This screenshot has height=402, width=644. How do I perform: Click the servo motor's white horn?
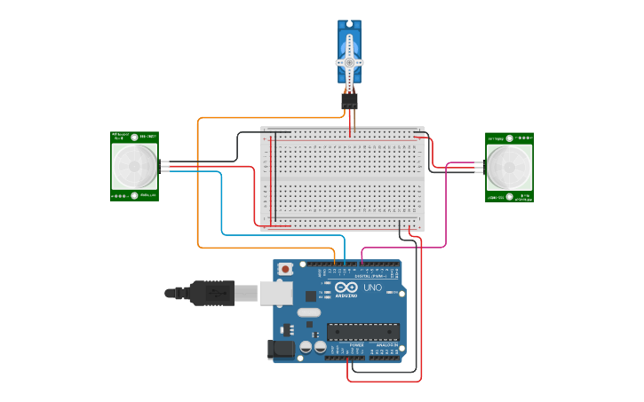coord(349,63)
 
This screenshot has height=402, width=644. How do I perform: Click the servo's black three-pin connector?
coord(349,102)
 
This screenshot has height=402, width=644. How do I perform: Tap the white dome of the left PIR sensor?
coord(134,165)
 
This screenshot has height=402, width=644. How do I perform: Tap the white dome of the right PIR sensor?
coord(509,166)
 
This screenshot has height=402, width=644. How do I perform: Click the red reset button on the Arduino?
coord(285,268)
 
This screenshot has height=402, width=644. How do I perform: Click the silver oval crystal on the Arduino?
coord(308,312)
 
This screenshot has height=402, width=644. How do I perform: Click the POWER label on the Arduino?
coord(344,344)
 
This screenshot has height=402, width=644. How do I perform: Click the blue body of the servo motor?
coord(349,41)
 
